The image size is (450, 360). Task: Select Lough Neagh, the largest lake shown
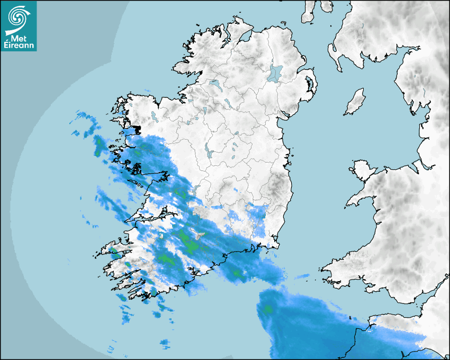[x=275, y=73]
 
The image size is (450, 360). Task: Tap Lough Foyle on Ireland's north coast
[x=245, y=38]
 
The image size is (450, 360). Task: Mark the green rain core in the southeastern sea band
[x=268, y=309]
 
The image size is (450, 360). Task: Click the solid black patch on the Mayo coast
[x=137, y=129]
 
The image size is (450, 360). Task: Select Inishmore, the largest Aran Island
[x=139, y=184]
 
